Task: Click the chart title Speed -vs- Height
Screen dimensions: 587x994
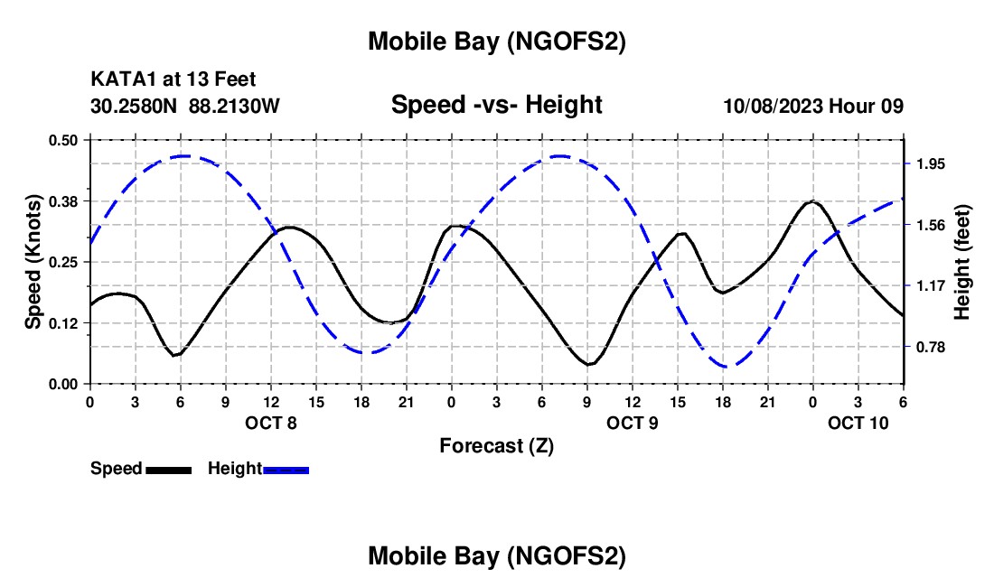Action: point(496,105)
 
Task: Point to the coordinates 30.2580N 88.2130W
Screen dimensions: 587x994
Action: point(185,106)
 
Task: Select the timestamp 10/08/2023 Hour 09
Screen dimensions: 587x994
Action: point(813,106)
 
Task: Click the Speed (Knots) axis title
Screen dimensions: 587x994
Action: point(33,261)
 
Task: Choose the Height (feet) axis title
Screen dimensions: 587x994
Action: point(961,262)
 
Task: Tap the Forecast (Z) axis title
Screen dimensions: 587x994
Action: point(496,445)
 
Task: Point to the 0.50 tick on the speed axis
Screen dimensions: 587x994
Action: point(63,140)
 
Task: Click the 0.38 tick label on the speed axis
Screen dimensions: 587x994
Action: point(63,200)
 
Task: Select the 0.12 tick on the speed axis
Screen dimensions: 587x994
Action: point(63,323)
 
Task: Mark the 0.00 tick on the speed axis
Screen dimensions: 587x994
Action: point(63,384)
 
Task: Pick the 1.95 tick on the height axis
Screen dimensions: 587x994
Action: point(930,163)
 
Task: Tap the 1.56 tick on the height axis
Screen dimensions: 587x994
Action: point(930,225)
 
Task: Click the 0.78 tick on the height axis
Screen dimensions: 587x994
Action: point(930,347)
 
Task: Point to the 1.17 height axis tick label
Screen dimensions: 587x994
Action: point(930,286)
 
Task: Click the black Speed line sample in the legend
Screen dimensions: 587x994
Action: point(168,469)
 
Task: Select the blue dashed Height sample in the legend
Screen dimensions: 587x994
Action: point(286,469)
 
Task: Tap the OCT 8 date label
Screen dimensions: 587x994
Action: point(270,422)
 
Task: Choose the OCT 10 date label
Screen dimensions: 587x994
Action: point(858,422)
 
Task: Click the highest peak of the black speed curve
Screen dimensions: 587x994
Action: point(812,201)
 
